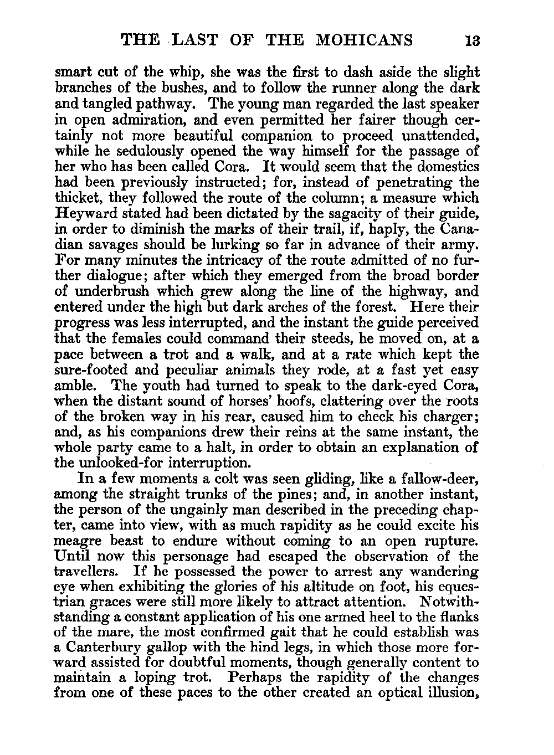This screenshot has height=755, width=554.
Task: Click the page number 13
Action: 472,40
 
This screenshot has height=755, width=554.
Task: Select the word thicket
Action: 78,198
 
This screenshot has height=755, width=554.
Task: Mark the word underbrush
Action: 107,291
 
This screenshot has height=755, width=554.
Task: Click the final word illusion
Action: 448,693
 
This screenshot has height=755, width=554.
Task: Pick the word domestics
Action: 443,166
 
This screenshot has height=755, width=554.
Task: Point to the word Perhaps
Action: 259,677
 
